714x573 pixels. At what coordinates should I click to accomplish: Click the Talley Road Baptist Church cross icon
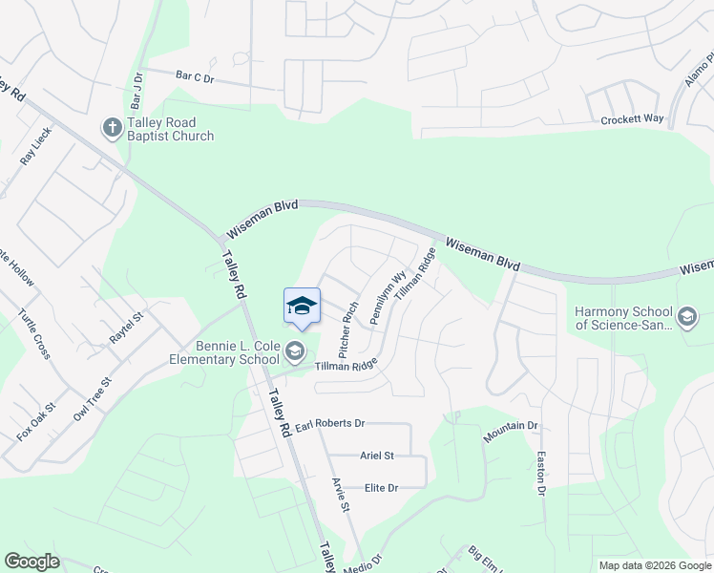[x=112, y=127]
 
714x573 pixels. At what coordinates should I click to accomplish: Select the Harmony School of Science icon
[x=686, y=317]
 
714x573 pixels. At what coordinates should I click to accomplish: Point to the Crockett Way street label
[x=632, y=119]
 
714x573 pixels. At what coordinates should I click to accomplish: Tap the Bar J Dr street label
[x=137, y=89]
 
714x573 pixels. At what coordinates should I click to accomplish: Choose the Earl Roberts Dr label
[x=330, y=423]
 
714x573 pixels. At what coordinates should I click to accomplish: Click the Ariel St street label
[x=377, y=456]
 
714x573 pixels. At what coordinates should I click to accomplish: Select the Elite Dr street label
[x=381, y=488]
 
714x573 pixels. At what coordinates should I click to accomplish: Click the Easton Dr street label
[x=540, y=473]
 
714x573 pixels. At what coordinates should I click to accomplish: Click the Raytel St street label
[x=125, y=328]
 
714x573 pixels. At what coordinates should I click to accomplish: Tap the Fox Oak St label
[x=37, y=421]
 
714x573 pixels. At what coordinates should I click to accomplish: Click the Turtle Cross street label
[x=34, y=333]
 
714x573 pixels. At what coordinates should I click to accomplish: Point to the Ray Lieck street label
[x=36, y=147]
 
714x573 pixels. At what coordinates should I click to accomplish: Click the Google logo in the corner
[x=31, y=562]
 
